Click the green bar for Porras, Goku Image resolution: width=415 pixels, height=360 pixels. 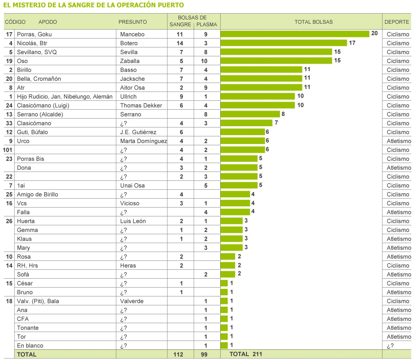(x=295, y=34)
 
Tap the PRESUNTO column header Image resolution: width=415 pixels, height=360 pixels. (x=133, y=22)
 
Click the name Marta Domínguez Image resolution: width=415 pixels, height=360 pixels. (x=144, y=141)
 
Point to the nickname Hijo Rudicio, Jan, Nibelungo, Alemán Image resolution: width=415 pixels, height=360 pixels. (x=65, y=97)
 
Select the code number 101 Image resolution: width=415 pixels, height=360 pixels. (x=8, y=150)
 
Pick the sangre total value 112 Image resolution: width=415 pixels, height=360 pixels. (x=178, y=354)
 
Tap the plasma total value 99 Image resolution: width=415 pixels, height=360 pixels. (x=204, y=354)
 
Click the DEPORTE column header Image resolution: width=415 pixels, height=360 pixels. (x=396, y=22)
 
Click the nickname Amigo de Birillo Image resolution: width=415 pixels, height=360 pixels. (x=37, y=194)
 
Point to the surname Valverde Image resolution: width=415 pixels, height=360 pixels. (x=132, y=301)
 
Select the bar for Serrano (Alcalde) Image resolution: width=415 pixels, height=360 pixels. (x=250, y=114)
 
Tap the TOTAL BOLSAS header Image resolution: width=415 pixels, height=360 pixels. (x=313, y=22)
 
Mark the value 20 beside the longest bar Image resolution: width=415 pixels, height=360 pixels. (x=374, y=33)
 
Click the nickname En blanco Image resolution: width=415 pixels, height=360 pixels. (x=30, y=346)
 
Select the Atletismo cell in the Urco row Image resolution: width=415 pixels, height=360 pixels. (x=398, y=141)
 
